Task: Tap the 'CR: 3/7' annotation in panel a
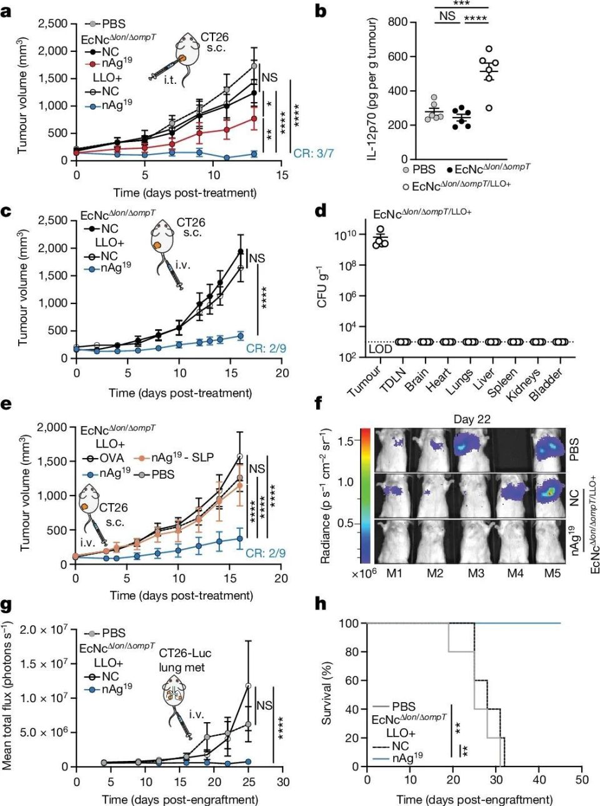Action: pyautogui.click(x=312, y=153)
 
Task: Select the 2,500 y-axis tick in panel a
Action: pyautogui.click(x=52, y=24)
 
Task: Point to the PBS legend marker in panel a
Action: pyautogui.click(x=92, y=24)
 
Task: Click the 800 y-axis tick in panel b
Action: pyautogui.click(x=397, y=23)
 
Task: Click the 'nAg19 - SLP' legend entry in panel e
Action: pyautogui.click(x=182, y=457)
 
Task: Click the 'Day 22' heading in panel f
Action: pyautogui.click(x=472, y=419)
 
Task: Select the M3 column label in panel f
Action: pyautogui.click(x=476, y=573)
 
